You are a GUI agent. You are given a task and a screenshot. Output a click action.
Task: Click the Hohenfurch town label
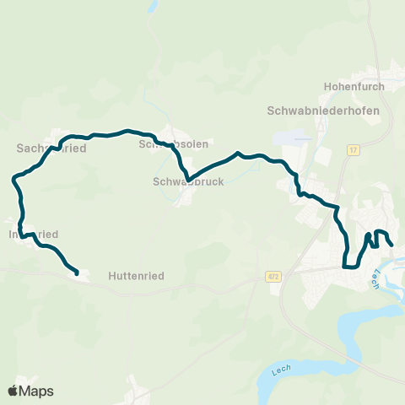pyautogui.click(x=354, y=86)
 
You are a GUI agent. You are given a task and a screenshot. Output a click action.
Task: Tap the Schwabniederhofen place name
pyautogui.click(x=323, y=111)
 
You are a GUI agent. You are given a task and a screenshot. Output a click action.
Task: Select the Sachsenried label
pyautogui.click(x=51, y=148)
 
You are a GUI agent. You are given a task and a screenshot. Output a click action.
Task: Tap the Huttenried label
pyautogui.click(x=135, y=275)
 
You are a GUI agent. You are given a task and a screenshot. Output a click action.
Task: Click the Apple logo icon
pyautogui.click(x=13, y=391)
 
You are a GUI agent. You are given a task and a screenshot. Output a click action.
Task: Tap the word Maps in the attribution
pyautogui.click(x=37, y=391)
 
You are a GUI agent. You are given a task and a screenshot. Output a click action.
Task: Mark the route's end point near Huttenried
pyautogui.click(x=77, y=273)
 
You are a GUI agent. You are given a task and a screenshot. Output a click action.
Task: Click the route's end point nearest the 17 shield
pyautogui.click(x=391, y=245)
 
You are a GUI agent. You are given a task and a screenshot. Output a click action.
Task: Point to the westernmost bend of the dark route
pyautogui.click(x=13, y=179)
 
